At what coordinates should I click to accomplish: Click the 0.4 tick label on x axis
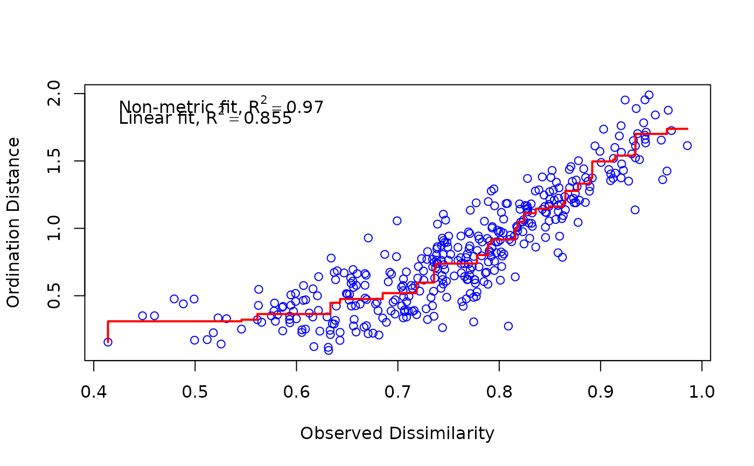(x=94, y=391)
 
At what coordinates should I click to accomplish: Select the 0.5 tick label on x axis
(x=195, y=391)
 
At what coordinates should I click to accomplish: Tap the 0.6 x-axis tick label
(x=296, y=391)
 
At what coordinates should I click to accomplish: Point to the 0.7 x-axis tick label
(x=397, y=391)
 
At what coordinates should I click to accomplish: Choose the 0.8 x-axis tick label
(x=499, y=391)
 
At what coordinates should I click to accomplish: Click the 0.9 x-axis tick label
(x=600, y=391)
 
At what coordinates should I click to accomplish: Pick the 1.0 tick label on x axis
(x=701, y=391)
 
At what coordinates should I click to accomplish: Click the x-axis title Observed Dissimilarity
(x=397, y=433)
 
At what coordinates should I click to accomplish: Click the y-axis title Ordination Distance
(x=13, y=222)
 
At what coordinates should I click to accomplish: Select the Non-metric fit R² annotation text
(x=221, y=107)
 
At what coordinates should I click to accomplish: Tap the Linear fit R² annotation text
(x=205, y=118)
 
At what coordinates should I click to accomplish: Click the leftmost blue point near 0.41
(x=108, y=342)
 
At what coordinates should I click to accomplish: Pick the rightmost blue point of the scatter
(x=687, y=145)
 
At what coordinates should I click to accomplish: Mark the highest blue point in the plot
(x=649, y=95)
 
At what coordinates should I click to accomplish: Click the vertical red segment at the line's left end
(x=108, y=331)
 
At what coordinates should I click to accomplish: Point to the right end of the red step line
(x=688, y=129)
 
